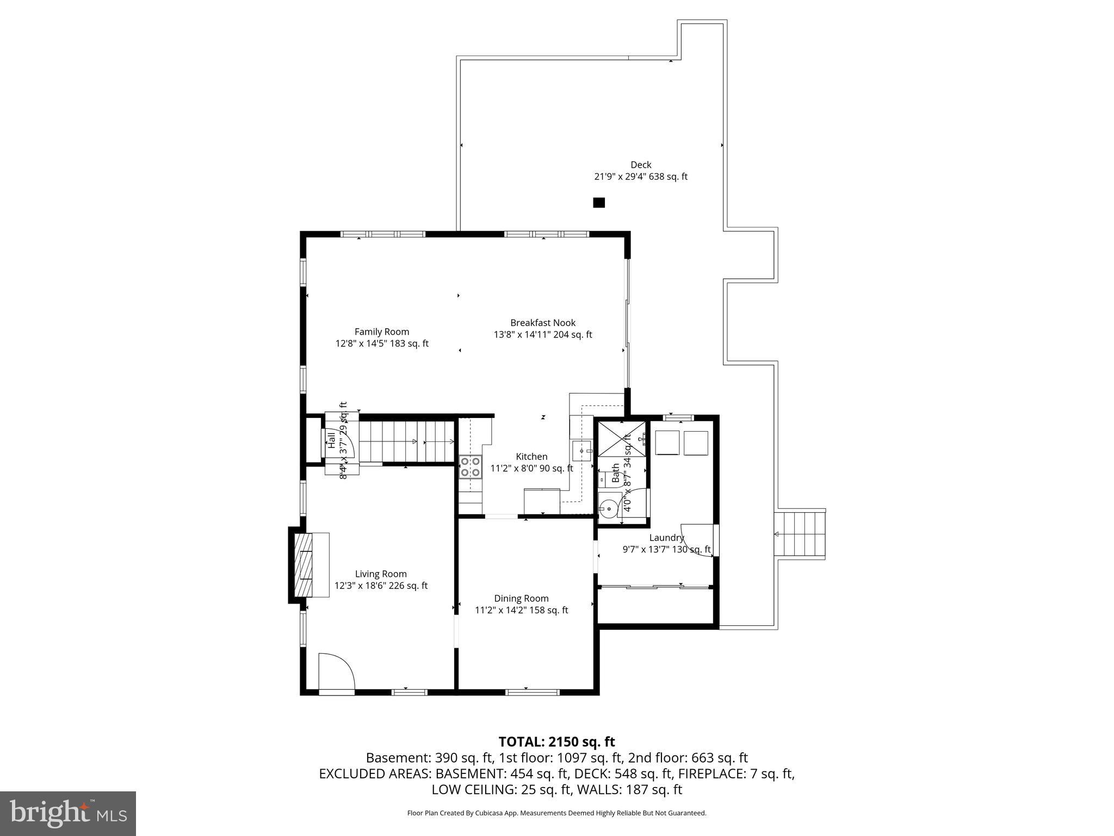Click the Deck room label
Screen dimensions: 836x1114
pyautogui.click(x=640, y=165)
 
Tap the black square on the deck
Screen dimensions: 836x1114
pyautogui.click(x=598, y=202)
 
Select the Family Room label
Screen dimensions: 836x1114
pyautogui.click(x=381, y=331)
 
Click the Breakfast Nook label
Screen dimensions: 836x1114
pyautogui.click(x=542, y=323)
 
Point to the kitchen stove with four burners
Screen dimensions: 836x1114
pyautogui.click(x=471, y=467)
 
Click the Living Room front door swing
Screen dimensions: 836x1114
pyautogui.click(x=336, y=672)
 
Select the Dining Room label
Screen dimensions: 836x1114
pyautogui.click(x=521, y=598)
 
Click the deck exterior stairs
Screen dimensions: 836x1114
pyautogui.click(x=800, y=534)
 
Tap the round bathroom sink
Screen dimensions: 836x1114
pyautogui.click(x=609, y=508)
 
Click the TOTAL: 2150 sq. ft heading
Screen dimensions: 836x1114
pyautogui.click(x=556, y=742)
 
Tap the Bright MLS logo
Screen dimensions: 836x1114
pyautogui.click(x=67, y=813)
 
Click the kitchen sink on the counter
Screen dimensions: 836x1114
pyautogui.click(x=581, y=451)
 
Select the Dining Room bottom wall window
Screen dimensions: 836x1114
pyautogui.click(x=533, y=692)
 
